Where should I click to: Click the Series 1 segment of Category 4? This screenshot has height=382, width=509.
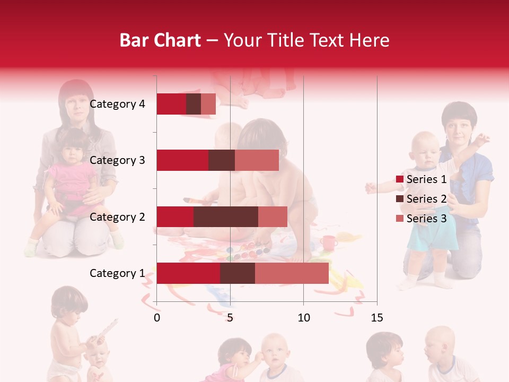point(171,104)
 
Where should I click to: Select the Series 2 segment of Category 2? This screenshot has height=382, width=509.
point(226,216)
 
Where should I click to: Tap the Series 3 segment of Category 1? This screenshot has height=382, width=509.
point(292,273)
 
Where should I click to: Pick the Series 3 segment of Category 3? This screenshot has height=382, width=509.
point(257,160)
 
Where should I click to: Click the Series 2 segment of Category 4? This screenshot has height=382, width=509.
point(194,104)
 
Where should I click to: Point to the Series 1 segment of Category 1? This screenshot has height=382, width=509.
point(188,273)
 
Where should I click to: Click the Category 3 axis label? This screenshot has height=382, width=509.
point(117,160)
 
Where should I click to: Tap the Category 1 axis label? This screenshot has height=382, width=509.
point(117,273)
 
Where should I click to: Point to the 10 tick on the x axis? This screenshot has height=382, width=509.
point(303,318)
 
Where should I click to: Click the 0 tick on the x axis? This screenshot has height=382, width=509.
point(157,318)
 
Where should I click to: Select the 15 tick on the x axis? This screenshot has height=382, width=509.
point(376,318)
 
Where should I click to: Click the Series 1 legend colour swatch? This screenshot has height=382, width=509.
point(400,180)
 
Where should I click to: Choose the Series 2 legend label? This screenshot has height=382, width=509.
point(427,199)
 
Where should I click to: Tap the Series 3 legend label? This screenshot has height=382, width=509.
point(427,219)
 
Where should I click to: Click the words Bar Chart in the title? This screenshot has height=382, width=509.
point(160,40)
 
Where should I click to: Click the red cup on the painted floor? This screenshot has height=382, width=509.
point(329,242)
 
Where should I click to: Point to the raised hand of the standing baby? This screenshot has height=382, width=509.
point(482,140)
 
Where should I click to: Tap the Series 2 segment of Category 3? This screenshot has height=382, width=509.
point(222,160)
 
